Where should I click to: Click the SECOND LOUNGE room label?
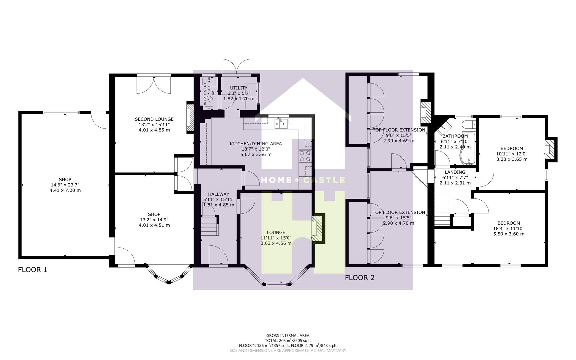click(x=154, y=119)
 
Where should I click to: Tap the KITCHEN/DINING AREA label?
click(x=256, y=144)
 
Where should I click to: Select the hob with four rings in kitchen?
click(x=305, y=156)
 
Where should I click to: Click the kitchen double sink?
click(x=281, y=124)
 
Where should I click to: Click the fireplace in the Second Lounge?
click(x=190, y=117)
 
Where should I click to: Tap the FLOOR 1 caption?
click(x=33, y=270)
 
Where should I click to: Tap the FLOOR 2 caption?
click(x=360, y=278)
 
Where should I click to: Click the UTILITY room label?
click(x=239, y=88)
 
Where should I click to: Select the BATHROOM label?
click(x=455, y=136)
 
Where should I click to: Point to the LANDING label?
click(x=455, y=172)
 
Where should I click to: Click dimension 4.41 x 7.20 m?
click(x=65, y=190)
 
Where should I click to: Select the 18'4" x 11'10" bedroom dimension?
click(x=509, y=228)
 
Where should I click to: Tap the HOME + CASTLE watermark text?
click(x=303, y=180)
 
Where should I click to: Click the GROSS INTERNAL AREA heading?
click(x=288, y=336)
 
